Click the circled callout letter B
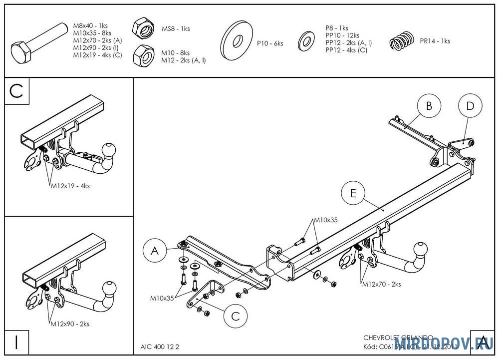tap(428, 106)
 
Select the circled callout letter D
tap(470, 106)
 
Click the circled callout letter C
tap(236, 316)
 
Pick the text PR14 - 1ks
tap(435, 41)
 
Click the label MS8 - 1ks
tap(176, 29)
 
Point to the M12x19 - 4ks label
tap(70, 186)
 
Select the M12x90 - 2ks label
tap(70, 324)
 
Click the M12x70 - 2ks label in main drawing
tap(381, 284)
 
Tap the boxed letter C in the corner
tap(16, 91)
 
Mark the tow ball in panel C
tap(109, 149)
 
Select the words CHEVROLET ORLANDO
tap(398, 338)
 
